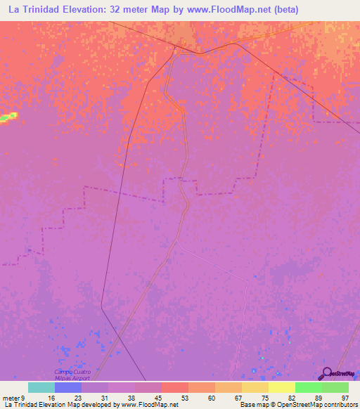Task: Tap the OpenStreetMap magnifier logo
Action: [x=325, y=373]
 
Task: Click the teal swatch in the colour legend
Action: [x=41, y=387]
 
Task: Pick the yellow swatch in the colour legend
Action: [x=281, y=387]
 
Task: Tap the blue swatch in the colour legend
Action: [x=67, y=387]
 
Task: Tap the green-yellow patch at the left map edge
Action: [x=8, y=117]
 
